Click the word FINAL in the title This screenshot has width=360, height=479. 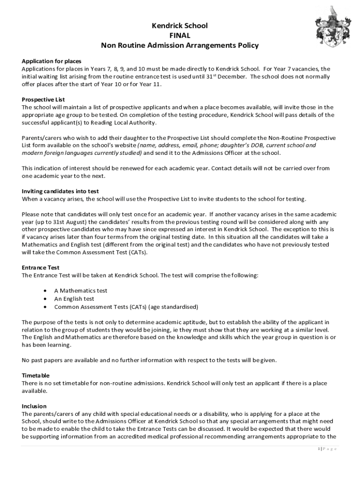point(180,36)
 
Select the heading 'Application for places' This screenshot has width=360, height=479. point(51,61)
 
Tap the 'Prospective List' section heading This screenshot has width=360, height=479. point(43,99)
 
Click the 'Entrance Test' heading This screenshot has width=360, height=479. point(41,268)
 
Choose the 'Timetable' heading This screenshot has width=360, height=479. point(36,375)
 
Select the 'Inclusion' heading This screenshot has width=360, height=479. point(34,406)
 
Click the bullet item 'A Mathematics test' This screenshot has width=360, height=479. point(80,290)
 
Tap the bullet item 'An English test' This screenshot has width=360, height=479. point(74,298)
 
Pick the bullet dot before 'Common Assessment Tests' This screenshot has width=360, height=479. point(44,307)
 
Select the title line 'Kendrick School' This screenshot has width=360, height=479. point(180,26)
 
